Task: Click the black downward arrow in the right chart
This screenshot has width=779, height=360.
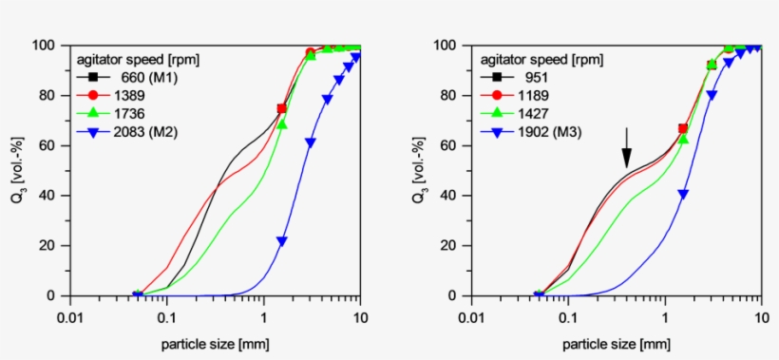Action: (626, 146)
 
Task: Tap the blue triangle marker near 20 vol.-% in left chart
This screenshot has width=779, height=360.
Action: (281, 241)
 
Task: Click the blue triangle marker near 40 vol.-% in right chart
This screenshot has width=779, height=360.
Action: (682, 194)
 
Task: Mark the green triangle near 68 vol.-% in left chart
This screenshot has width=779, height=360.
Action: (281, 124)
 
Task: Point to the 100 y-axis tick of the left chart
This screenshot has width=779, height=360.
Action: (45, 46)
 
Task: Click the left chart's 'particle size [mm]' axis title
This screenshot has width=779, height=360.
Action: (215, 339)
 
